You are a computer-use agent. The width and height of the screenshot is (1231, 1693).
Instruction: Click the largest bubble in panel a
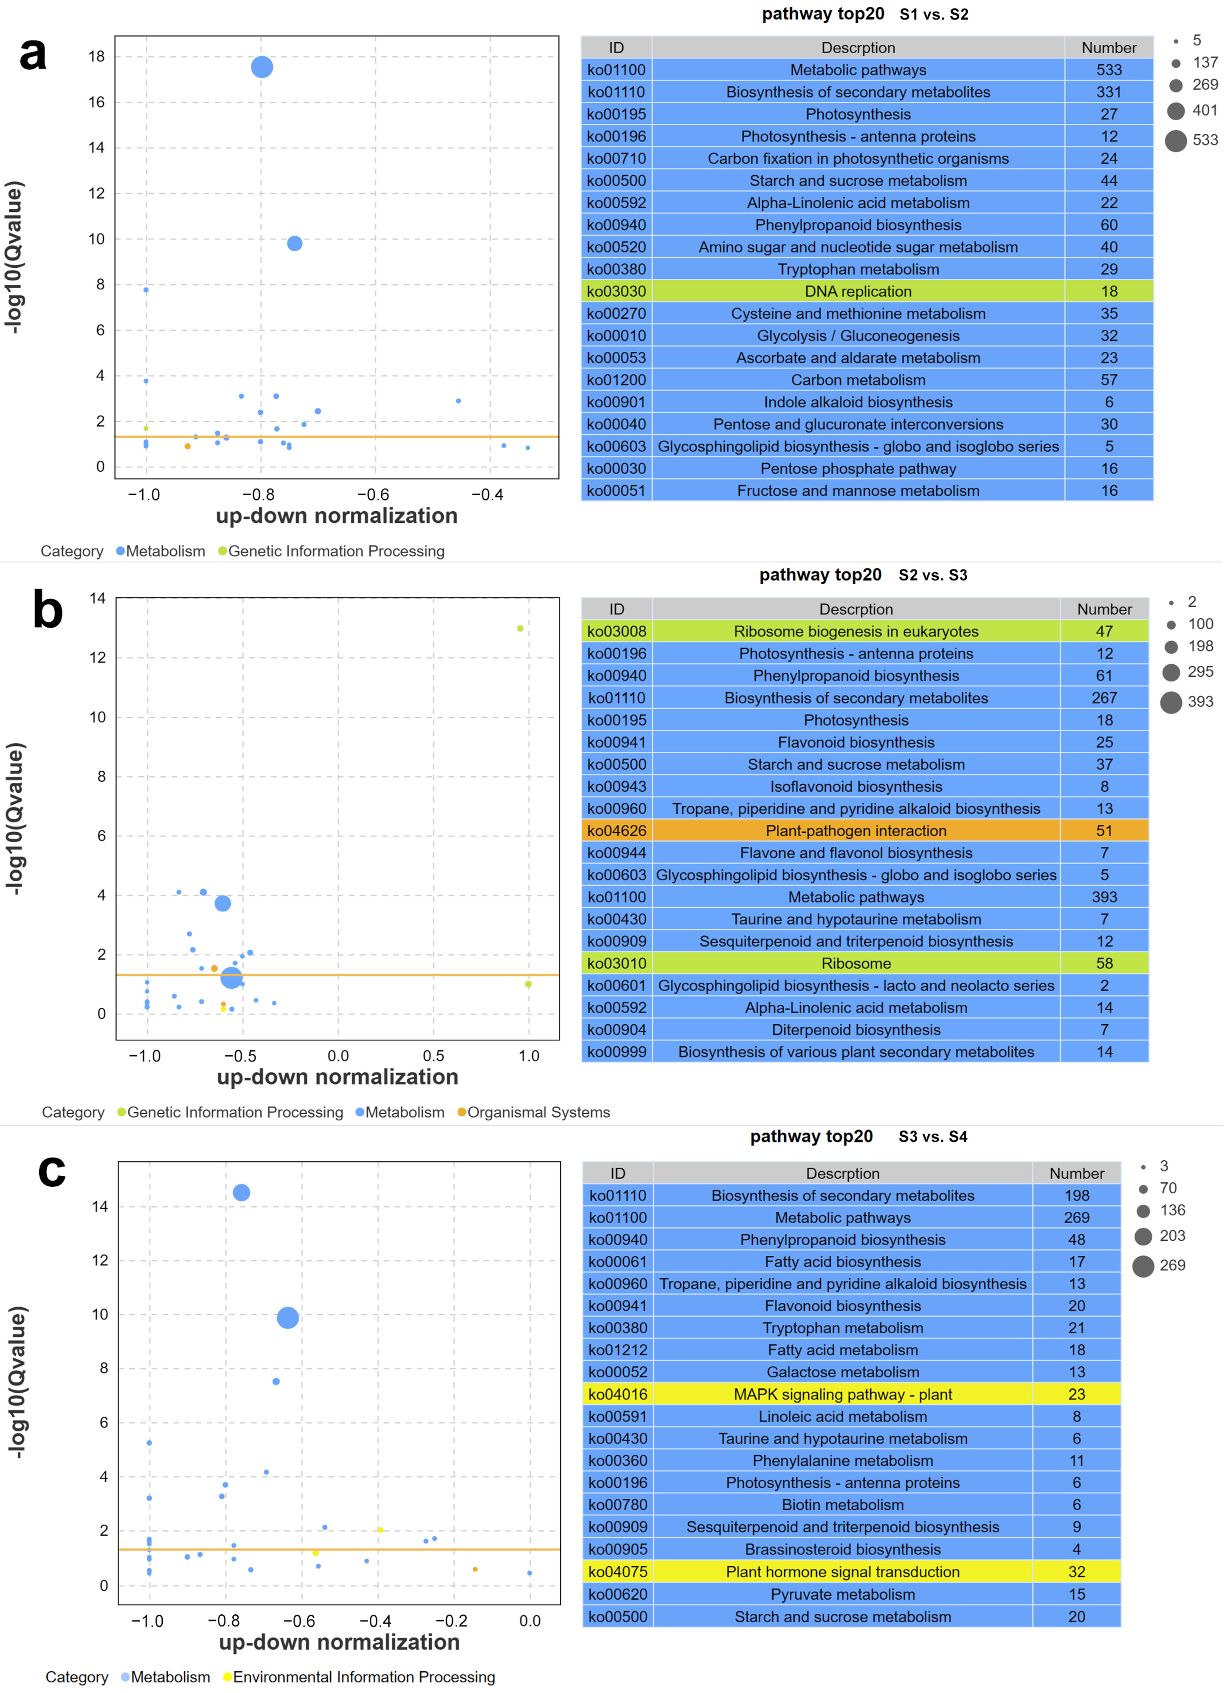(x=261, y=67)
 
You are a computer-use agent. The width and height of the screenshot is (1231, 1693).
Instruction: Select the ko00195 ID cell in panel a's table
(x=616, y=114)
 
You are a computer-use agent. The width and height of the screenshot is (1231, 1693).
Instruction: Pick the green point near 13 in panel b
(x=520, y=628)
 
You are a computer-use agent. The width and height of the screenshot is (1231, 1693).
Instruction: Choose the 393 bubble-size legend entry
(x=1187, y=702)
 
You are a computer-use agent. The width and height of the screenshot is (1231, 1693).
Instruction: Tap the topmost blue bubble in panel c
(x=241, y=1193)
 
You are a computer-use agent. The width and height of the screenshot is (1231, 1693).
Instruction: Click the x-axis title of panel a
(x=337, y=516)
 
